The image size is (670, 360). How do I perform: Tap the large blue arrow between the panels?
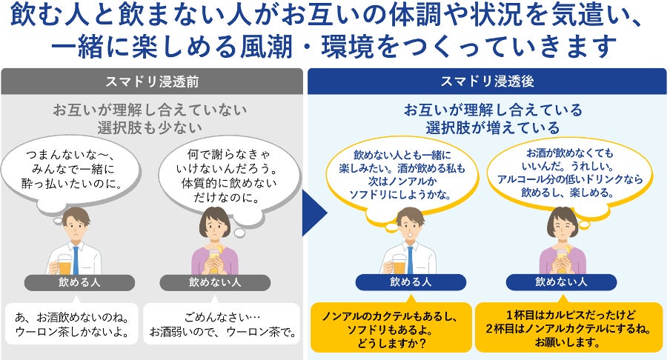(x=314, y=212)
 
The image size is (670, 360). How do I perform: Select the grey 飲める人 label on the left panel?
(x=79, y=282)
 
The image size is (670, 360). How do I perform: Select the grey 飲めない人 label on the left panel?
(x=215, y=282)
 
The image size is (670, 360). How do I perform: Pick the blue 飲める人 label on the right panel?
(x=411, y=282)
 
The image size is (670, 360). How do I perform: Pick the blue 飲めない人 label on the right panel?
(x=561, y=282)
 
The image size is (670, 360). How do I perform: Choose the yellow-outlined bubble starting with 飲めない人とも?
(x=408, y=175)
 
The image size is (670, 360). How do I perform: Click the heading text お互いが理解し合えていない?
(x=150, y=110)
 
